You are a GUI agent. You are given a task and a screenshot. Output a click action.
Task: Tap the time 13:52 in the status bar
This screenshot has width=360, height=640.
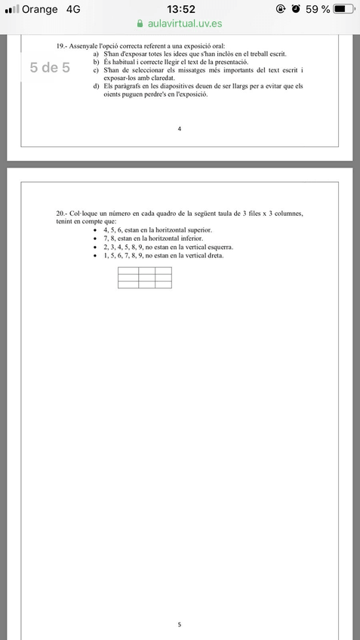click(x=180, y=9)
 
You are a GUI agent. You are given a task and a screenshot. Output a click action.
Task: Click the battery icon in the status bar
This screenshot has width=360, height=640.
click(x=343, y=9)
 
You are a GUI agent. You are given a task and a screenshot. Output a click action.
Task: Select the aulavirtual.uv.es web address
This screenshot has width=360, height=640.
click(x=186, y=24)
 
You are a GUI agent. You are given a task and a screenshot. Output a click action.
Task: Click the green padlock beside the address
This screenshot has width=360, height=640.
click(x=139, y=24)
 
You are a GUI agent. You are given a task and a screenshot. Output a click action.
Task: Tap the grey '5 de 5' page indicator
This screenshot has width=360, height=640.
click(x=50, y=67)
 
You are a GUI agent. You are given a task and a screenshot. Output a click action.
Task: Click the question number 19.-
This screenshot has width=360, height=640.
click(x=61, y=46)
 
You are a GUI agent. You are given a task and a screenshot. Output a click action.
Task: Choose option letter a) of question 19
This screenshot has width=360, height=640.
click(x=96, y=54)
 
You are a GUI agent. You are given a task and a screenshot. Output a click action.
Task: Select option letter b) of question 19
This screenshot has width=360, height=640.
click(x=96, y=62)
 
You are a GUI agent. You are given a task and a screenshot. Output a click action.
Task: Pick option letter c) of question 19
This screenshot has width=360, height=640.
click(x=96, y=69)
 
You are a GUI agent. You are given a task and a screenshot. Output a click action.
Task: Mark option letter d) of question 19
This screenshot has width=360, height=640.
click(x=96, y=86)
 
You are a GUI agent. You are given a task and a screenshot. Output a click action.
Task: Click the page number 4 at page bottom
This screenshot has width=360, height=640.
click(x=180, y=129)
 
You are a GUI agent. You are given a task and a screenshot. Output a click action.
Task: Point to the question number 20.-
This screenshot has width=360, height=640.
click(x=62, y=214)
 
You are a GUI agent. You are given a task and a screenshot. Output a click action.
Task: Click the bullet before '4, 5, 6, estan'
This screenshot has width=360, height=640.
click(x=94, y=229)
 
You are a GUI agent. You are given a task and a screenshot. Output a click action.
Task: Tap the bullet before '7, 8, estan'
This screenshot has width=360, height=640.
click(x=94, y=238)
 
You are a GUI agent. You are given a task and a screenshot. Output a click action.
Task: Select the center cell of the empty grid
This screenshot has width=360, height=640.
click(x=145, y=277)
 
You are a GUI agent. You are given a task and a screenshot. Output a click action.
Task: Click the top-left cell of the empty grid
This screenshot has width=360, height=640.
click(x=127, y=270)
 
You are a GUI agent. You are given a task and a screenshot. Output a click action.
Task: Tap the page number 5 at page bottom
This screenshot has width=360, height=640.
click(x=180, y=624)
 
